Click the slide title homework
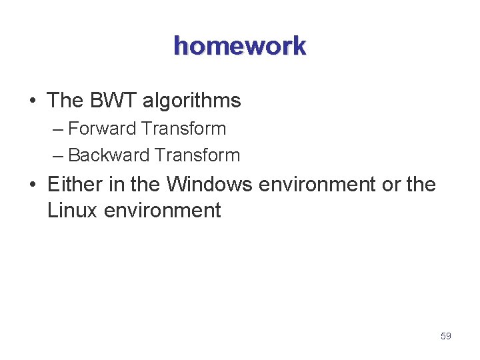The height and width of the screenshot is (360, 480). coord(239,46)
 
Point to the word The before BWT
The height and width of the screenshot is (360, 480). coord(65,101)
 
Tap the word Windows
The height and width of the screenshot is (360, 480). coord(209,184)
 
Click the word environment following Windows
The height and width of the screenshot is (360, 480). coord(317,185)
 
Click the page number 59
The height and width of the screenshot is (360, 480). coord(446,336)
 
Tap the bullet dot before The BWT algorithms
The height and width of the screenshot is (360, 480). coord(33,101)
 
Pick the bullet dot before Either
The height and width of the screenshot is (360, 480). coord(33,185)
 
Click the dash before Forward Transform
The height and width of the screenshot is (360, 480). coord(58,129)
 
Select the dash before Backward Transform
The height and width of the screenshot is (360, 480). coord(58,156)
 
